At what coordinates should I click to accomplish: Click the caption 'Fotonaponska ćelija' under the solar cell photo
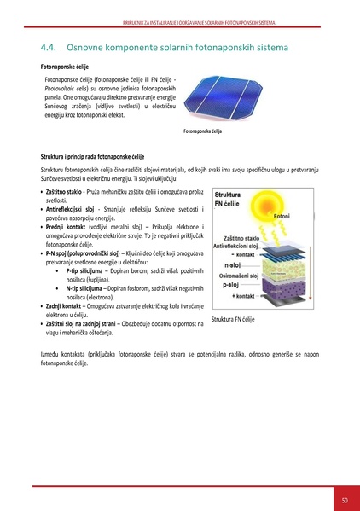[202, 131]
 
